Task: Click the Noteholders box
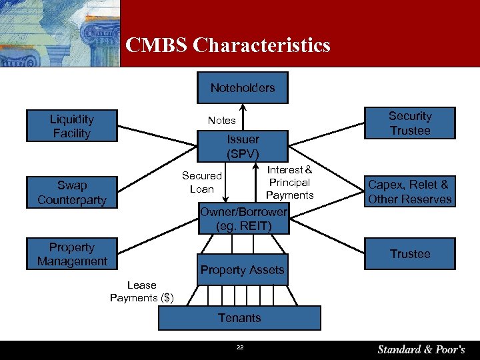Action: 243,87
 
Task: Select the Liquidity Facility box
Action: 71,126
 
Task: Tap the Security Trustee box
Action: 410,123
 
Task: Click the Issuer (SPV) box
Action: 243,146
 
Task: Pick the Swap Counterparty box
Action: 71,192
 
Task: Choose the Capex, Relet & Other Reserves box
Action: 410,191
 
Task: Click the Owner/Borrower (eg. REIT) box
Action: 243,219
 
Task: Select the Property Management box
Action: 71,254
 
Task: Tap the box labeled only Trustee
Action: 410,254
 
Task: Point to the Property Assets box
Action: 243,269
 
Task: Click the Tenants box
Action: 239,318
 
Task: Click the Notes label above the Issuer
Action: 221,120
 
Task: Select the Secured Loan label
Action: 201,182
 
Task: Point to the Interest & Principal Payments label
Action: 289,182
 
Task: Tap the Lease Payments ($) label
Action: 141,291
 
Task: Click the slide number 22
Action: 239,347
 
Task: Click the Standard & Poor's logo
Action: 421,349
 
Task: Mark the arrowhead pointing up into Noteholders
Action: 243,107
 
